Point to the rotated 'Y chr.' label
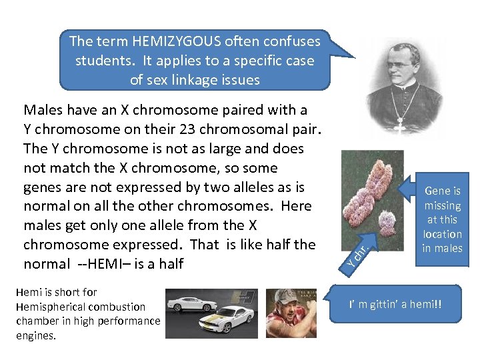click(358, 257)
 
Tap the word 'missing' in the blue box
click(443, 205)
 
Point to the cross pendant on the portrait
click(400, 125)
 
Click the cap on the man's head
click(287, 295)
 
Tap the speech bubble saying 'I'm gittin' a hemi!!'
click(395, 305)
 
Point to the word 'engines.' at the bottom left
click(37, 335)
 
